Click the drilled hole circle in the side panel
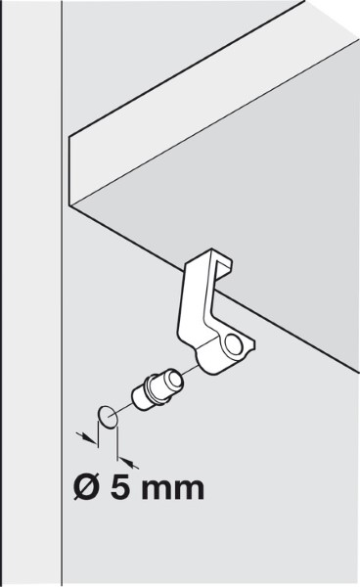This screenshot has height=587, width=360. point(108,417)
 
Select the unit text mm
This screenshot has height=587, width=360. point(173,490)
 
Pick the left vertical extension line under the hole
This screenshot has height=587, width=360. point(98,433)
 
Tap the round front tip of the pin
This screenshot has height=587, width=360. point(174,381)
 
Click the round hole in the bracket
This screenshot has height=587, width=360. point(233,345)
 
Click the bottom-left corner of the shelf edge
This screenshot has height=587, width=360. point(69,205)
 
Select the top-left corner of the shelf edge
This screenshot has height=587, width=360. point(68,138)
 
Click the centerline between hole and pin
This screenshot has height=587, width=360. point(124,408)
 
